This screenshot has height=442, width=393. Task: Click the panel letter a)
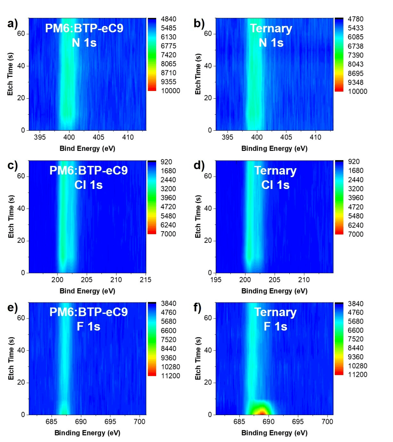point(12,24)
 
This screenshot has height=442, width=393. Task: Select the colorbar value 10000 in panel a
point(171,91)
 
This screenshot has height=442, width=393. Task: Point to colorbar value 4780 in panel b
point(355,19)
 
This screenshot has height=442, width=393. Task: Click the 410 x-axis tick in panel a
point(128,138)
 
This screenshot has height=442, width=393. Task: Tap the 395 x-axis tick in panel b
point(227,138)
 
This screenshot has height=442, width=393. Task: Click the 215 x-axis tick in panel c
point(146,280)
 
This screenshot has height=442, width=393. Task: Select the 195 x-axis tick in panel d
point(216,280)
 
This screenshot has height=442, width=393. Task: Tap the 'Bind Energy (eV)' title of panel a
point(87,149)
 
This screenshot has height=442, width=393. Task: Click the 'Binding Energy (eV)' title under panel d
point(274,291)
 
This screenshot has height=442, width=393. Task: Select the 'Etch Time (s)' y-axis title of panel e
point(11,359)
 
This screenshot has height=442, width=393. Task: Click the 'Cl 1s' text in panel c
point(88,185)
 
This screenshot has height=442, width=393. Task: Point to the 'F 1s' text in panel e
point(88,327)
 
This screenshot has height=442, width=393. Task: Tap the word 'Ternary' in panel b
point(271,28)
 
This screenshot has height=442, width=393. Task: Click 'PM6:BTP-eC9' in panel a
point(84,28)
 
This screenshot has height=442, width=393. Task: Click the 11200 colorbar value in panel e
point(171,376)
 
